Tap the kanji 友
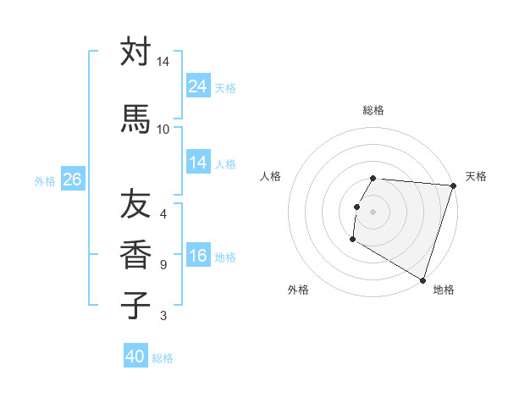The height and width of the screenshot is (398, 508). coord(135,202)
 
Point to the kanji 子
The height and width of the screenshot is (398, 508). coord(135,304)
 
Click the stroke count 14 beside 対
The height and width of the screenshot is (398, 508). coord(163,62)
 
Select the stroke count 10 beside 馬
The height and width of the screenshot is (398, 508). coord(163,129)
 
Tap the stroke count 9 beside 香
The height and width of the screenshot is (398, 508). coord(163,265)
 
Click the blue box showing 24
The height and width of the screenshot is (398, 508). coord(198,86)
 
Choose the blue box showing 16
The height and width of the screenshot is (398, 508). coord(198,257)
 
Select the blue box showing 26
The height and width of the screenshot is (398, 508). coord(72,180)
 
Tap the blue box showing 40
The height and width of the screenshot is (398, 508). coord(135,357)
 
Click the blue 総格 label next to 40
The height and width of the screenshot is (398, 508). coord(163,358)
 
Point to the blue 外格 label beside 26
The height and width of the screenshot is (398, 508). coord(45,180)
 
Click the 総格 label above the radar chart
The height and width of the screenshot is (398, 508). coord(373,110)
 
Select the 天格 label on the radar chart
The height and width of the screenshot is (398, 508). coord(476,176)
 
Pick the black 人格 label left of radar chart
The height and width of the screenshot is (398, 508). coord(271,176)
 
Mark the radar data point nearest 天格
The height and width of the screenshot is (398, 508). coord(453,186)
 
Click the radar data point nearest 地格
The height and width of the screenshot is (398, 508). coord(422,279)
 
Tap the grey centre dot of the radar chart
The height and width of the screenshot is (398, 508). coord(373,212)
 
